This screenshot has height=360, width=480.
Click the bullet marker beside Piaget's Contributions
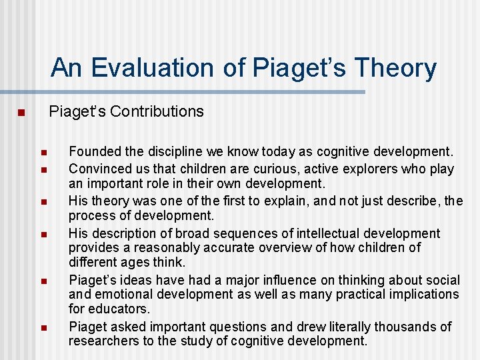[x=21, y=112]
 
